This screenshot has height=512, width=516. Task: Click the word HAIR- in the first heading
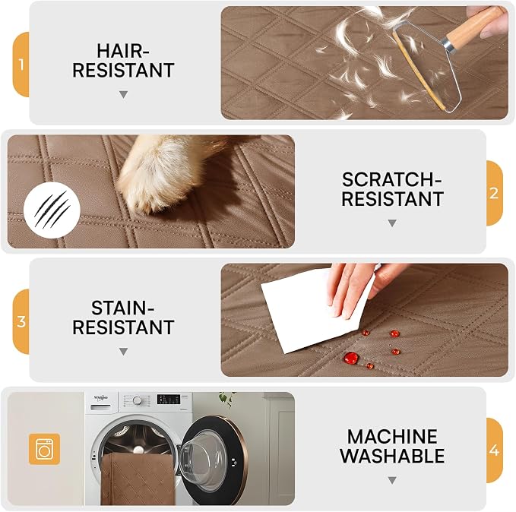123,51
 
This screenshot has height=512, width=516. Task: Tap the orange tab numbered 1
21,65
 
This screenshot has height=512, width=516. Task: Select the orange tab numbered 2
494,193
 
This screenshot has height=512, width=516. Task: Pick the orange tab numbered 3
21,321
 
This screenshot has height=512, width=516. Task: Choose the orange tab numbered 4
494,450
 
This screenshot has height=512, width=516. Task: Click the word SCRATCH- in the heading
391,179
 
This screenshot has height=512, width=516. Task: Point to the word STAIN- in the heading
123,308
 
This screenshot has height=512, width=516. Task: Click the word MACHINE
392,437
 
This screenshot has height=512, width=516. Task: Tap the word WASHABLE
392,456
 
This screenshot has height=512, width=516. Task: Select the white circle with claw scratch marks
52,210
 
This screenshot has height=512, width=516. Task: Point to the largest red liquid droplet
351,358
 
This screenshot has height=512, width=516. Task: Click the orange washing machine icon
44,449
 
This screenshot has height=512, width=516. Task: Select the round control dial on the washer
138,400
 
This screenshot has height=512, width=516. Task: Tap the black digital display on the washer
169,399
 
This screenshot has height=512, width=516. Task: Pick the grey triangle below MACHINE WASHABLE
392,480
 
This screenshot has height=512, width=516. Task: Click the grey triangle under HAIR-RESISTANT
123,95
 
